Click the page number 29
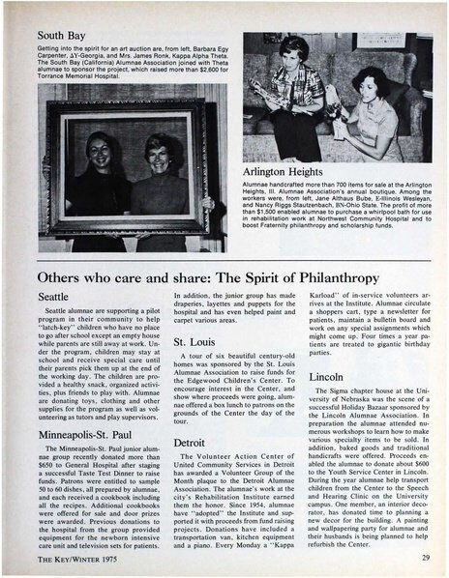(x=426, y=559)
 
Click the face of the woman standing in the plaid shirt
(x=294, y=50)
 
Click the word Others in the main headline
(x=49, y=273)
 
